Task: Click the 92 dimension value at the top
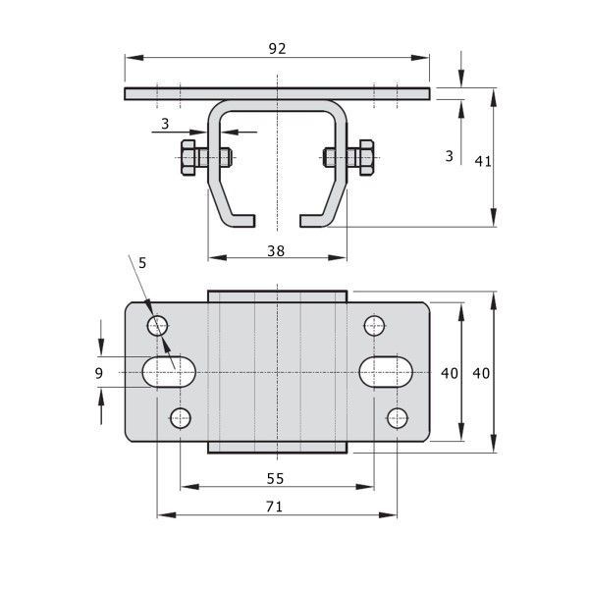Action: (277, 49)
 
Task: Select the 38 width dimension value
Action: (276, 251)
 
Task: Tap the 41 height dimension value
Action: (483, 162)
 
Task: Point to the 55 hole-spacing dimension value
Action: (275, 479)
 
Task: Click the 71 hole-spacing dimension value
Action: (274, 507)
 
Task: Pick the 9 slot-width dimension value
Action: (99, 373)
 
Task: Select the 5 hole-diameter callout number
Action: (142, 263)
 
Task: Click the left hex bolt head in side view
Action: (187, 158)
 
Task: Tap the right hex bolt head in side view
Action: (366, 158)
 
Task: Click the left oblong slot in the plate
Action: (169, 372)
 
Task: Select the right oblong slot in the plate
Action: (386, 372)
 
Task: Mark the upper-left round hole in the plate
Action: (158, 326)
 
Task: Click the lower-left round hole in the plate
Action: (181, 418)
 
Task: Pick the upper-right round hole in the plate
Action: (375, 326)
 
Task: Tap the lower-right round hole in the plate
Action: (398, 418)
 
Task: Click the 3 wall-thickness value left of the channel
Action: (165, 124)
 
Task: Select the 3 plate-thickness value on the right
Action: (450, 156)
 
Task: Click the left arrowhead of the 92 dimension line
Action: (134, 58)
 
